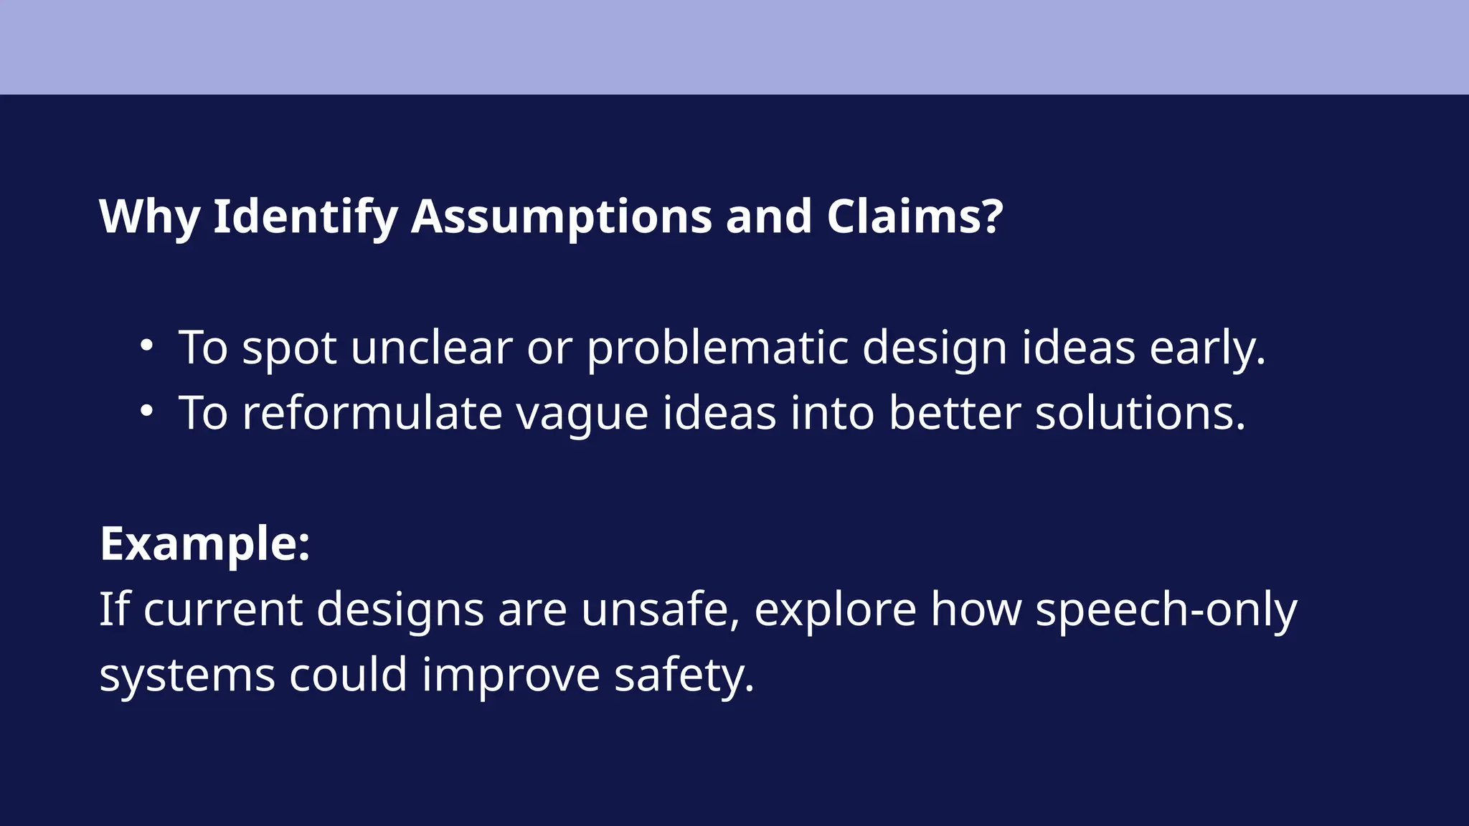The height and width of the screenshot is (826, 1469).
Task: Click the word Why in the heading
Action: (x=149, y=217)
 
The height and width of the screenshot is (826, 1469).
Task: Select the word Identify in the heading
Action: (x=306, y=217)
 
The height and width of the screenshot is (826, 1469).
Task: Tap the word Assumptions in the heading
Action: (x=562, y=217)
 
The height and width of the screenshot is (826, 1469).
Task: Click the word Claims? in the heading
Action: (x=915, y=217)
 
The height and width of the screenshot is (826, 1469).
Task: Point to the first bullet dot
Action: (x=146, y=346)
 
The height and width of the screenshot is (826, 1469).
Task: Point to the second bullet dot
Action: (x=146, y=411)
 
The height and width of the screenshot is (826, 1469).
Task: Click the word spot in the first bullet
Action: (x=289, y=348)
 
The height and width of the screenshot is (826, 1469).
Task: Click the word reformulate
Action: (x=372, y=414)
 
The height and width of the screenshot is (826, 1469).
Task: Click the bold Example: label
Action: (x=205, y=543)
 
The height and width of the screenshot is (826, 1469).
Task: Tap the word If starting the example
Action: (x=113, y=609)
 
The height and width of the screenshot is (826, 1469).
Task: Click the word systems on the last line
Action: (x=187, y=676)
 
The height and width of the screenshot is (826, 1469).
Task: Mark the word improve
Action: (x=511, y=676)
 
